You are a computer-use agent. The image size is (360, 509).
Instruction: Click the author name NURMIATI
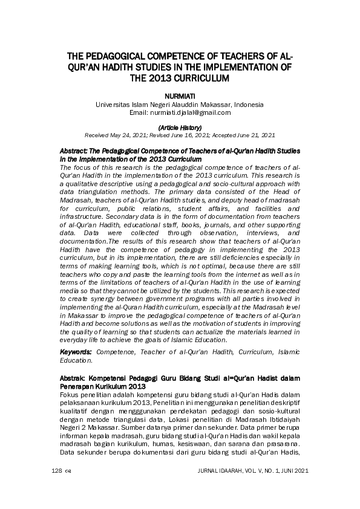[180, 96]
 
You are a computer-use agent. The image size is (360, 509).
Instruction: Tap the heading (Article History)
[180, 128]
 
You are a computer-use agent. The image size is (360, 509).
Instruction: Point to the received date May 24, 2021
[126, 135]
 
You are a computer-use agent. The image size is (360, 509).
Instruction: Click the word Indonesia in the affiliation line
[248, 104]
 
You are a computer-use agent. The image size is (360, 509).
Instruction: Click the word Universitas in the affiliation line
[113, 104]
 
